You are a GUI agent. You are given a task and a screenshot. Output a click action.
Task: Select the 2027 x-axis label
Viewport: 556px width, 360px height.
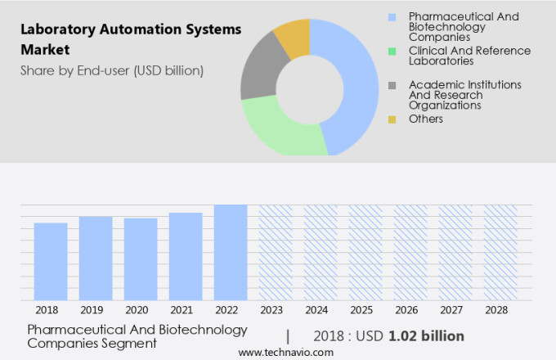point(455,310)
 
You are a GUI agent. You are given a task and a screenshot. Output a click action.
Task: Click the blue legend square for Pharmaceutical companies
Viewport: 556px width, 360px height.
point(393,17)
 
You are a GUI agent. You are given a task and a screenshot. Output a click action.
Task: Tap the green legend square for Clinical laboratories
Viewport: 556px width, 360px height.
point(393,51)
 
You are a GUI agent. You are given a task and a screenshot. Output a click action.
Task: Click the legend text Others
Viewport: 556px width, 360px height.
point(426,119)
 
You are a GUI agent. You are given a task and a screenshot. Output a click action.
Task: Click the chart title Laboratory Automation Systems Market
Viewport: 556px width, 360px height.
point(131,39)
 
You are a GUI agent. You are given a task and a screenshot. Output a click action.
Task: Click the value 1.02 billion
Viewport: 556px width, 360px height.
point(427,336)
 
